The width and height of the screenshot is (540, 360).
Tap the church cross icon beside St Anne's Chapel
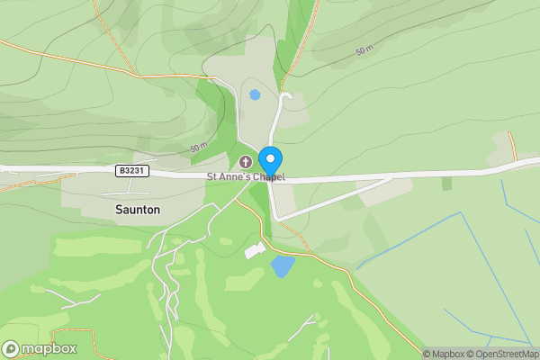(246, 162)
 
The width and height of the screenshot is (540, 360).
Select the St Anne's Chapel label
(246, 177)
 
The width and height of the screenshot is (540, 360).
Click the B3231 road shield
(131, 169)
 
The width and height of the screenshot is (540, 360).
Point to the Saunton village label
(138, 209)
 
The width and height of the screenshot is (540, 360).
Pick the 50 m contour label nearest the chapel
(199, 148)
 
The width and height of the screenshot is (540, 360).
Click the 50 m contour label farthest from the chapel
(364, 51)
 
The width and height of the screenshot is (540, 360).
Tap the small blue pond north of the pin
(255, 94)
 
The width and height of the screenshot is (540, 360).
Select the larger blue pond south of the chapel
(283, 265)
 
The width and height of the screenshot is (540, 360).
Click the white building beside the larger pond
(256, 249)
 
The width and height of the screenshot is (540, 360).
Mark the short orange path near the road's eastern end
(511, 144)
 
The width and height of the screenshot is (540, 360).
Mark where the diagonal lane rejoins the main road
(392, 178)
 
